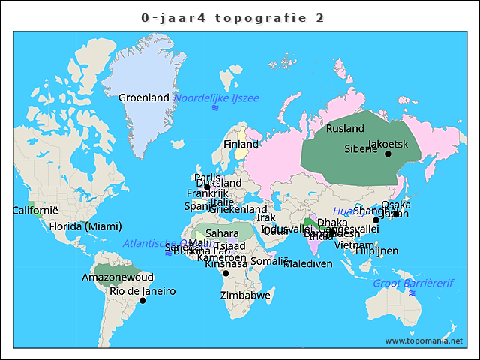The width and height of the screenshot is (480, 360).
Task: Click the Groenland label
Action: (144, 97)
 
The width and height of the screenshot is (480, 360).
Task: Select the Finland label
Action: (241, 144)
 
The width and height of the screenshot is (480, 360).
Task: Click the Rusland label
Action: (345, 129)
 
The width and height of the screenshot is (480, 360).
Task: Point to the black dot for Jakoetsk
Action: (388, 154)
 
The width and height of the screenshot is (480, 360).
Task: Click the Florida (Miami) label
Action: (85, 226)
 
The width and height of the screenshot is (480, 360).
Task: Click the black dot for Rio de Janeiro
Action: (142, 301)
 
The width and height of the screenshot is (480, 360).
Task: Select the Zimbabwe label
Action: (245, 295)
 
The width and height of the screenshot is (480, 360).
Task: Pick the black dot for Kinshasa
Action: (226, 273)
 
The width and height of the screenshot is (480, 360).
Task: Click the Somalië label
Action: (269, 261)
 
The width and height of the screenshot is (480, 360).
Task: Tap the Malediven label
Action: (308, 264)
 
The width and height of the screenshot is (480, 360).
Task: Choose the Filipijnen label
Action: (377, 250)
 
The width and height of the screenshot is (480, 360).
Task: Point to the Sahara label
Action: (222, 233)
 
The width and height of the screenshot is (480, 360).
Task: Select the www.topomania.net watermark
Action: (423, 341)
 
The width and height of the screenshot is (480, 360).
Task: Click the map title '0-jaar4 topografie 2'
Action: (232, 17)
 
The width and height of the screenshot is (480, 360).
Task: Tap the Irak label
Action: (266, 217)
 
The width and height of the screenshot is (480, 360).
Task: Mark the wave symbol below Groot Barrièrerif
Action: (411, 293)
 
